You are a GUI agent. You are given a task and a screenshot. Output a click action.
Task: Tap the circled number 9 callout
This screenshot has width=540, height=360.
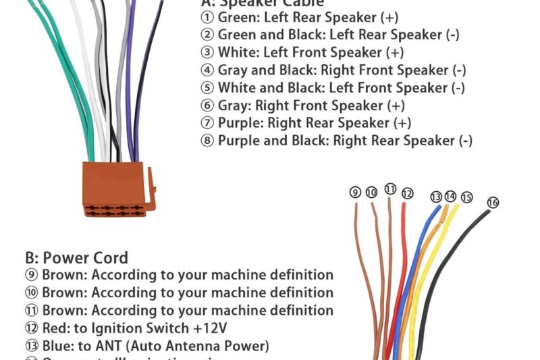pos(355,192)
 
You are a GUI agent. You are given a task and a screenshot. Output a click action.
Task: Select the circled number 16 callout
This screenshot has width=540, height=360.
pos(493,202)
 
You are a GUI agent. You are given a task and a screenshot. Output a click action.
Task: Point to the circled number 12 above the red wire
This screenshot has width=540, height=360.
pos(406,193)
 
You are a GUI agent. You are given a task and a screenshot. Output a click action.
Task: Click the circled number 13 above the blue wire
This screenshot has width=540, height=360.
pos(436,197)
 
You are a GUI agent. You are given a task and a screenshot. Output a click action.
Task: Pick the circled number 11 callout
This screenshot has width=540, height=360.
pos(390,189)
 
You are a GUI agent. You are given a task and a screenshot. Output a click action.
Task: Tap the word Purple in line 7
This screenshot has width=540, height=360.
pos(240,123)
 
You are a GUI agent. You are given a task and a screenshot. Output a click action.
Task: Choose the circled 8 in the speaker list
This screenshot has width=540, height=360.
pos(207,140)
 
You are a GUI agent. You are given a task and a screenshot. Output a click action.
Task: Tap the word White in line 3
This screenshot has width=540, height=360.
pos(236,53)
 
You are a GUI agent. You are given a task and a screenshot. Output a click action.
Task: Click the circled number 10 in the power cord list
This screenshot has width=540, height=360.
pos(32,293)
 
